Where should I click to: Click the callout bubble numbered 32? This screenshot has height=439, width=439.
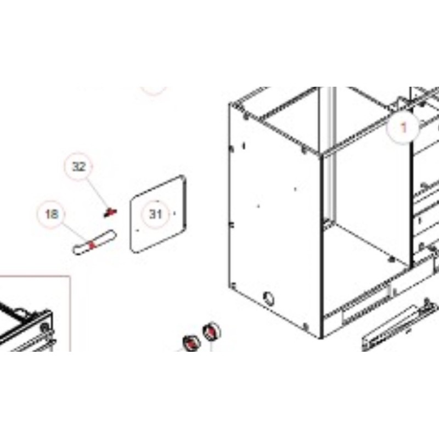point(78,167)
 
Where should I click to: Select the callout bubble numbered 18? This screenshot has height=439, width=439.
point(51,215)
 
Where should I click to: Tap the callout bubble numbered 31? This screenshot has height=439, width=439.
point(156,214)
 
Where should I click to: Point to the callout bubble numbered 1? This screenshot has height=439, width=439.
point(403,128)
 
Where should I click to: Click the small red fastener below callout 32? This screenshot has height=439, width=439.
point(110,213)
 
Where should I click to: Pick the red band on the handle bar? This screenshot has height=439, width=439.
point(92,245)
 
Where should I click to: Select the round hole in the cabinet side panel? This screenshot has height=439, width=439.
point(268,299)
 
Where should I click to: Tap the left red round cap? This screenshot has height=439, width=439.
point(191,342)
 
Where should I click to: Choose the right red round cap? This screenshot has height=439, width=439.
point(211,331)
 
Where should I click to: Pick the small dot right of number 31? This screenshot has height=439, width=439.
point(175,213)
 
